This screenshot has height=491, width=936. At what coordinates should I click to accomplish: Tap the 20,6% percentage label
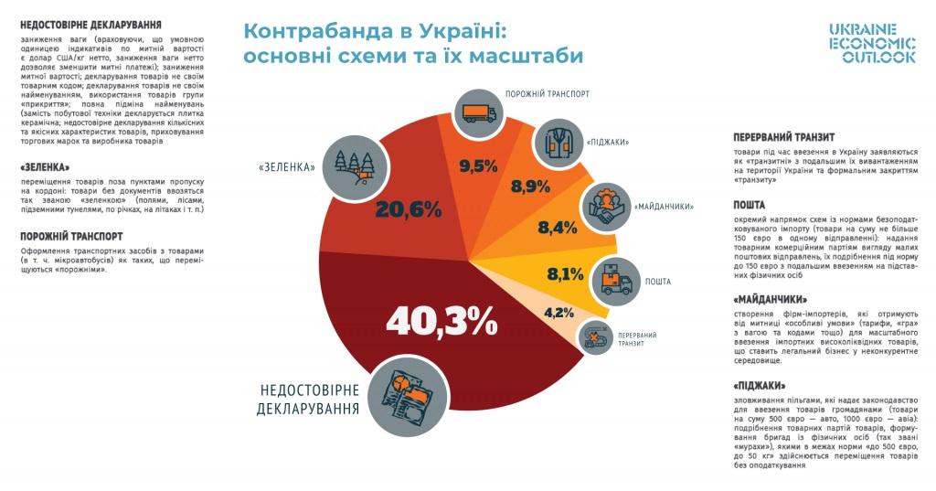pos(408,209)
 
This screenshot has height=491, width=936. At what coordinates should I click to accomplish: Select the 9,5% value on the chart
pos(478,166)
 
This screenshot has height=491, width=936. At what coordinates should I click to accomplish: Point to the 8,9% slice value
pos(530,187)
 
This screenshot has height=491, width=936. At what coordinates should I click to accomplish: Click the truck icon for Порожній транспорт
pos(480,113)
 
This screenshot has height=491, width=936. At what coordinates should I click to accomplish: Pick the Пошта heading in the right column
pos(750,205)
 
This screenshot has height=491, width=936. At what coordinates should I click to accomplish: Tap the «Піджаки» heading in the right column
pos(760,386)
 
